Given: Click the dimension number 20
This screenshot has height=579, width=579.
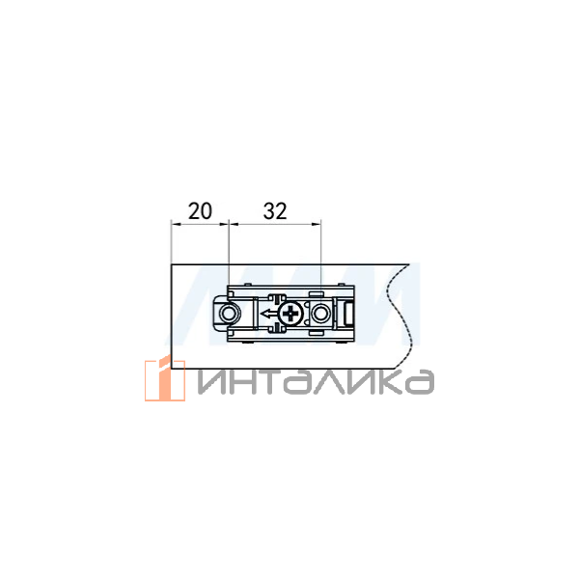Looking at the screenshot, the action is click(200, 211).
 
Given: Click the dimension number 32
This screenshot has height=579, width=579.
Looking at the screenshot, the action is click(275, 211).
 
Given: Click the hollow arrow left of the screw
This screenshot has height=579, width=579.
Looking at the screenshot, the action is click(267, 315).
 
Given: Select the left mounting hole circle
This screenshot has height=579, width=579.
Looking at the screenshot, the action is click(228, 315).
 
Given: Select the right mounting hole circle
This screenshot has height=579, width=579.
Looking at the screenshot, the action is click(319, 315).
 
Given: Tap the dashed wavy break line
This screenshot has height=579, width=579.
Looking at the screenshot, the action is click(400, 316).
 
